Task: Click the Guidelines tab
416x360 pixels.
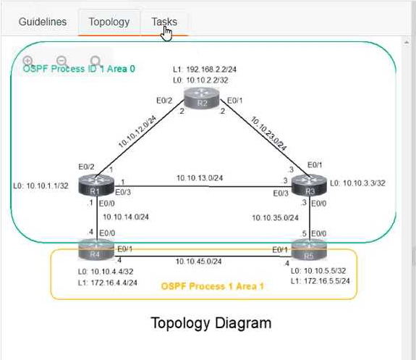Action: (x=43, y=22)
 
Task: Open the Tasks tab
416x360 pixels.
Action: (x=164, y=22)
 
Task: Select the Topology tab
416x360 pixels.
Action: (x=109, y=22)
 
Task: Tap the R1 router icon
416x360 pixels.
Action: (x=96, y=185)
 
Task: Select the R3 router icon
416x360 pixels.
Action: (x=309, y=185)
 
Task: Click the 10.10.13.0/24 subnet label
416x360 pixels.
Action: (x=200, y=178)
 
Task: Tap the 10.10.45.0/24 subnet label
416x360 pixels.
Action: (x=198, y=261)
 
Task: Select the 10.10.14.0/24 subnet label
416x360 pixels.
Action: (x=126, y=217)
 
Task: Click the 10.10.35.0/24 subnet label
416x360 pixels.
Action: (x=275, y=218)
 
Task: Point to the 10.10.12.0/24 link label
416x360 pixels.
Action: (x=137, y=132)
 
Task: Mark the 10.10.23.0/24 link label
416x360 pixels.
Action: (x=268, y=133)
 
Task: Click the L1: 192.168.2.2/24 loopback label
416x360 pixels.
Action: (x=205, y=70)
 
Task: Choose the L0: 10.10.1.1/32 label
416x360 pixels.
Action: (x=41, y=185)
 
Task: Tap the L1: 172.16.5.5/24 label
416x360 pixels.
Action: (x=321, y=281)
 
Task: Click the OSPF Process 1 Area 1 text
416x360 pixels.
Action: (x=212, y=286)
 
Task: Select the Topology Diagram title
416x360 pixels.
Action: (x=211, y=323)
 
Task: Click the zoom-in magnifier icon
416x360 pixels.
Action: (x=28, y=61)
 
